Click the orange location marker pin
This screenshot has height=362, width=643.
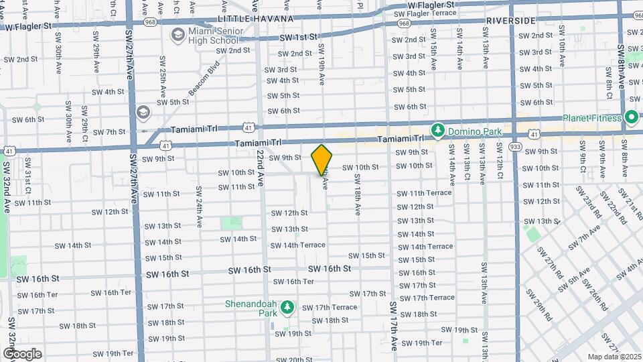[322, 160]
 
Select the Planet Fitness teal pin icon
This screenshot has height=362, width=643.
[631, 118]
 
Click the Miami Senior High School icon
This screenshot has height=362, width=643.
[178, 34]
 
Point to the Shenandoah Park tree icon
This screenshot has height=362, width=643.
[288, 307]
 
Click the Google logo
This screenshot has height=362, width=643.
[22, 353]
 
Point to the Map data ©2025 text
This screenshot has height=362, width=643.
[614, 357]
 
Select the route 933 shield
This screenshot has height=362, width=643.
[515, 146]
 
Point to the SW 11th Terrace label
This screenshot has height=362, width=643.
[425, 193]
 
